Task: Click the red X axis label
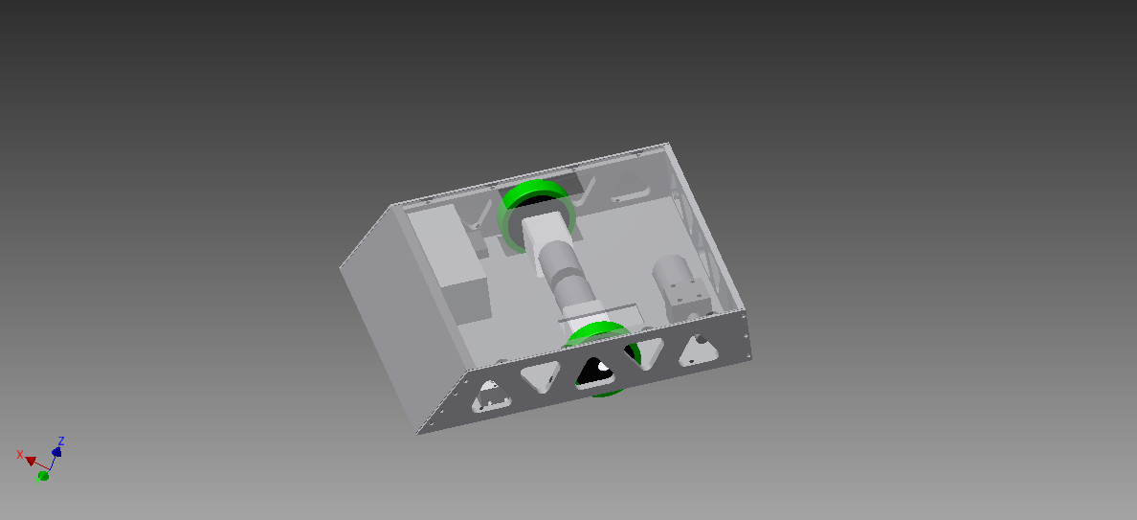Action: point(20,454)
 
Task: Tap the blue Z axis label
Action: point(61,441)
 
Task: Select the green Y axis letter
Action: point(38,479)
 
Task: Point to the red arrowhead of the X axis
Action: point(31,461)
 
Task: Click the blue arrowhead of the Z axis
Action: point(56,451)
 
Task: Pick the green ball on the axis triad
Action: point(43,475)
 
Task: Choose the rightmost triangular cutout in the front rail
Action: point(699,350)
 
